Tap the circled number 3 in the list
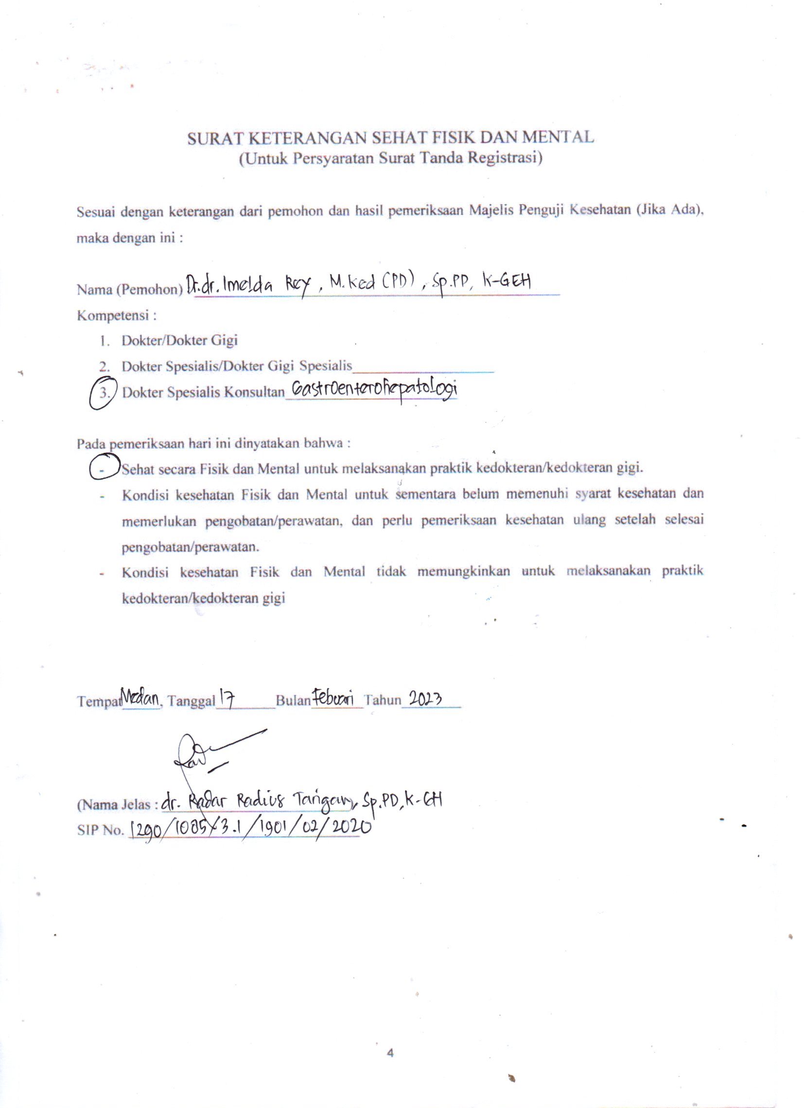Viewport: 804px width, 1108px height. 104,393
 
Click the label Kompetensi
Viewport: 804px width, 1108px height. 116,315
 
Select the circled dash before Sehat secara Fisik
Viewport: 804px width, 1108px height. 104,468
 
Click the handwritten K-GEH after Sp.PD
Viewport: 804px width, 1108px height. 507,282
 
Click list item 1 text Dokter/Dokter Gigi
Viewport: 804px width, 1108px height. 179,340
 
